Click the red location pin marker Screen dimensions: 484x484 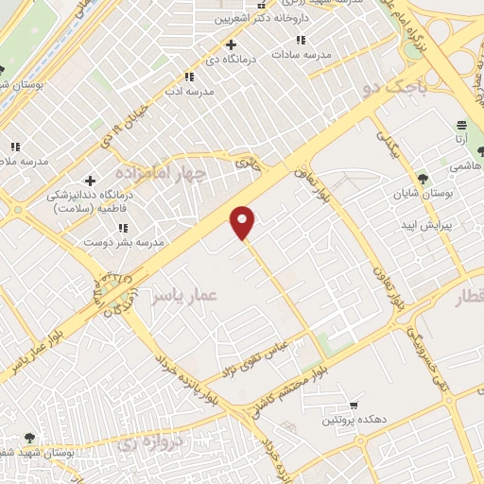(x=243, y=222)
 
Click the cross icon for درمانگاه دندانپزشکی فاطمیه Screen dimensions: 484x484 (x=90, y=181)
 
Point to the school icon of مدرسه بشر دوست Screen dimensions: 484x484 (x=124, y=228)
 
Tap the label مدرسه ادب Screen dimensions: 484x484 (x=190, y=92)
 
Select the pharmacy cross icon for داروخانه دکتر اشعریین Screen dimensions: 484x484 (x=231, y=43)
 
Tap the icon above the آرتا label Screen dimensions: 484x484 (x=461, y=125)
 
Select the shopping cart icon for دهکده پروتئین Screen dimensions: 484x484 (x=354, y=404)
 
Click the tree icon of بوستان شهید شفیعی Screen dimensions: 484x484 (x=29, y=438)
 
